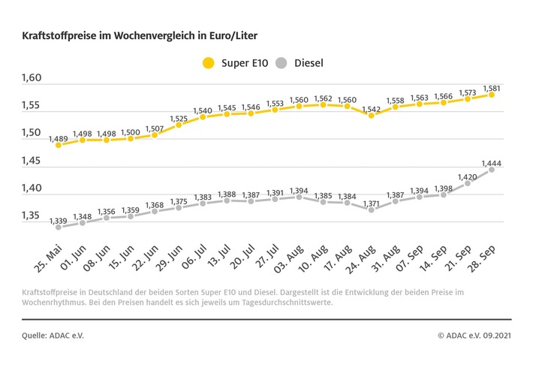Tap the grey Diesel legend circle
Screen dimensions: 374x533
coord(283,62)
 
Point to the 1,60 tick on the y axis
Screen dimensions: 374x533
coord(32,78)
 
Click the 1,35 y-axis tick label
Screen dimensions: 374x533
coord(32,216)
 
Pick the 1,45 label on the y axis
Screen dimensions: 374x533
coord(32,161)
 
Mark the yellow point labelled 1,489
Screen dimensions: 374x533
coord(59,144)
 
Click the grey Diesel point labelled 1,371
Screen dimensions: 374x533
coord(371,210)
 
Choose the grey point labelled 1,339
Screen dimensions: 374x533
coord(59,227)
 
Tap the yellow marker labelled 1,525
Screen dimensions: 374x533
coord(179,125)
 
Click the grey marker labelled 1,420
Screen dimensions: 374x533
coord(467,182)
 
